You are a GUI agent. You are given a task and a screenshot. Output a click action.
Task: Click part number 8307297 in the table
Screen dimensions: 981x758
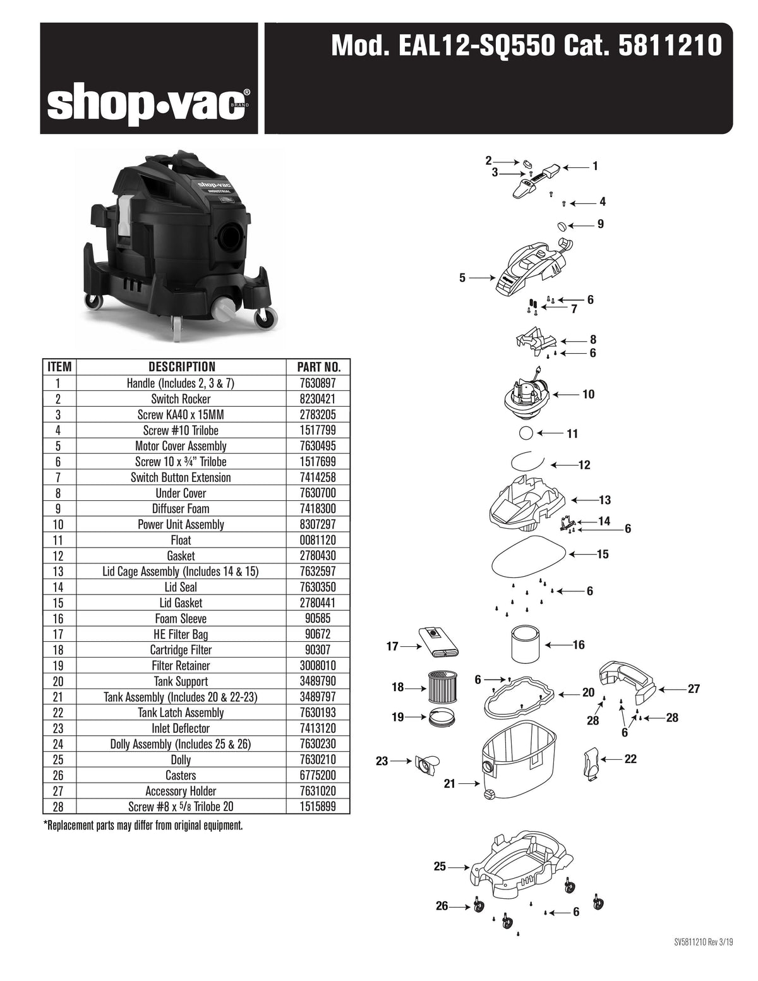pos(319,524)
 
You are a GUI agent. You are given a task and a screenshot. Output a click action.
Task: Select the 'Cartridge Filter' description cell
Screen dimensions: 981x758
pos(181,650)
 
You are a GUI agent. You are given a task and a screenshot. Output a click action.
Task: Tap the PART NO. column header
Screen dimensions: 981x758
pos(319,367)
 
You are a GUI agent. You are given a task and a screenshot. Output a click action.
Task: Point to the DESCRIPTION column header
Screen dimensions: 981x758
pos(181,367)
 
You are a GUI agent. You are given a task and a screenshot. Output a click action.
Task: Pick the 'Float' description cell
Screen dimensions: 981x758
pos(181,540)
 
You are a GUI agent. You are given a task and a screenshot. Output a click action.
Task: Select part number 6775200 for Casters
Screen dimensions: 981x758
pos(319,775)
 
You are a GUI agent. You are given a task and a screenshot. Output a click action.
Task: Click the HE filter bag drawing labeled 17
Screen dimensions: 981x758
pos(438,642)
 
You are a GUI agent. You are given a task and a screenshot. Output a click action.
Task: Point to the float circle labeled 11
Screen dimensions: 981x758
pos(526,433)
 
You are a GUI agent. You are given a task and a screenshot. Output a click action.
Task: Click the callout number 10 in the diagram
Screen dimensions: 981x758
pos(588,394)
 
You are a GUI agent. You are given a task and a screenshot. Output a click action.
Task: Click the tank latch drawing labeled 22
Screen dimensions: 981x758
pos(591,761)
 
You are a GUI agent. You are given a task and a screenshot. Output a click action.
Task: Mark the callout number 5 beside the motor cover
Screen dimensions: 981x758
pos(462,277)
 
